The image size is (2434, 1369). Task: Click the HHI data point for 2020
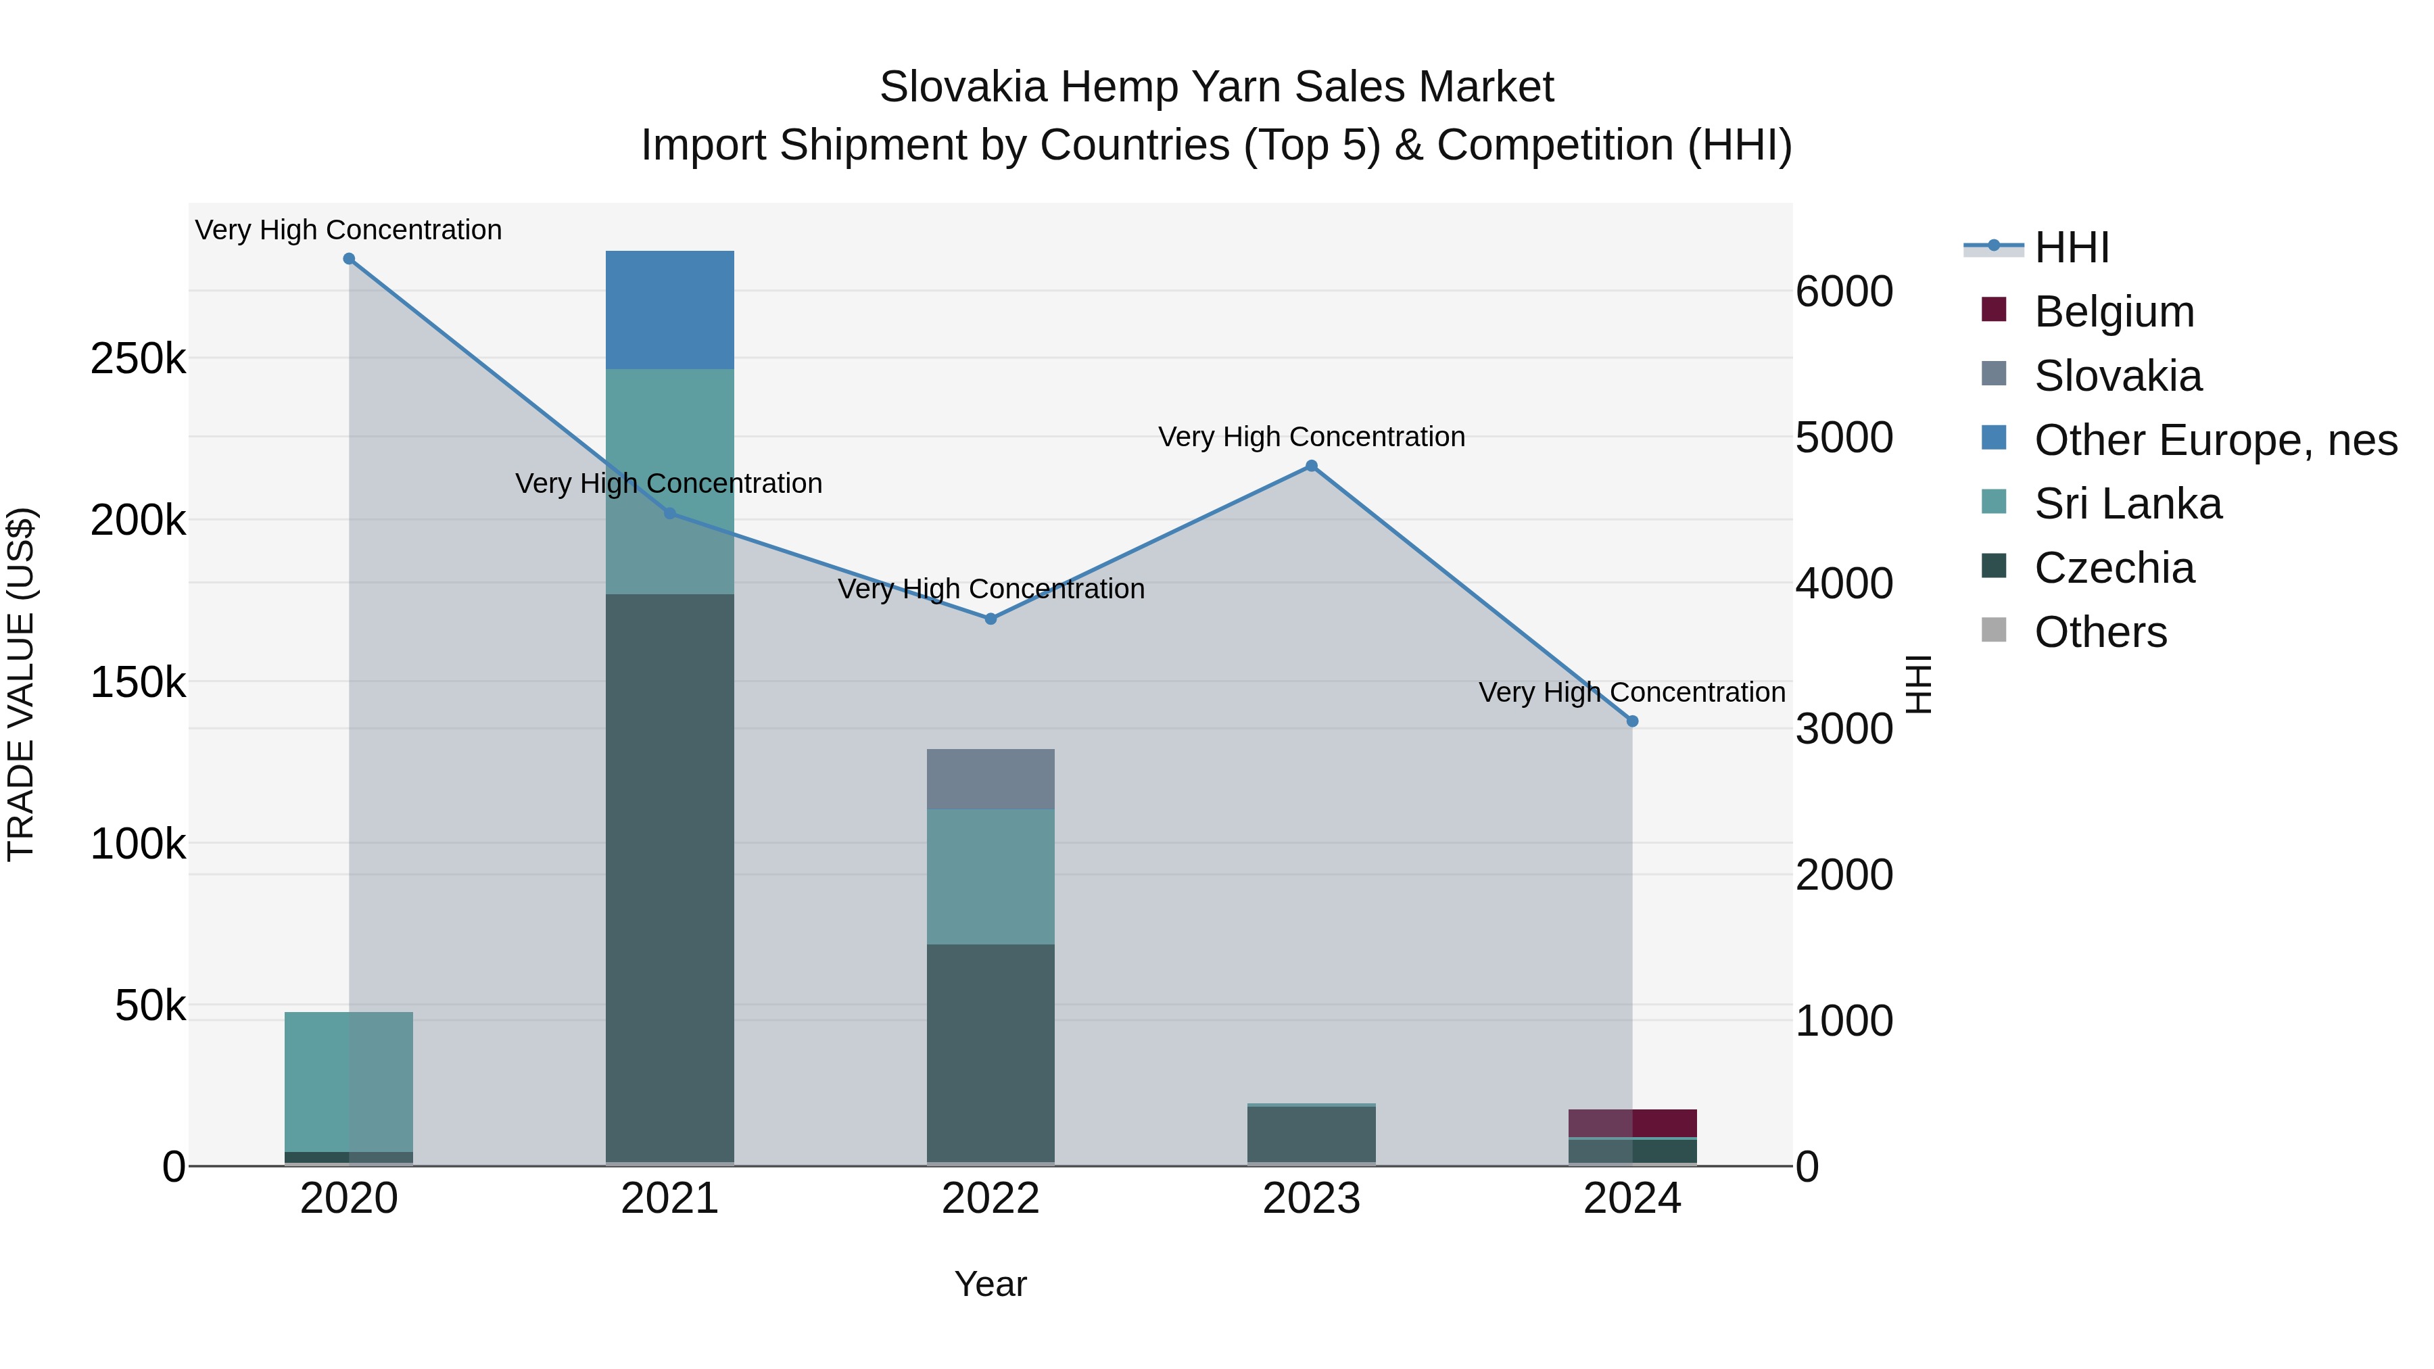349,259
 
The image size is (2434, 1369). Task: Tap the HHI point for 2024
1632,721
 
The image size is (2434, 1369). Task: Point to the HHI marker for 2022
991,619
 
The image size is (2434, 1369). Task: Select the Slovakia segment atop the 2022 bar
991,779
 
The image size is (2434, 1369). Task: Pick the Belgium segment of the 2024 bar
1632,1124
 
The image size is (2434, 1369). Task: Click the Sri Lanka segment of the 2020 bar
349,1082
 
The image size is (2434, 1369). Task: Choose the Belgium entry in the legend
2113,312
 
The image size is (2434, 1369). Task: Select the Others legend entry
2099,632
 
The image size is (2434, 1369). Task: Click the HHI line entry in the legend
2071,247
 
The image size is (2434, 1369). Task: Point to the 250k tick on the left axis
138,359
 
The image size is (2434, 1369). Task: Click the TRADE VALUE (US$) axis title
21,684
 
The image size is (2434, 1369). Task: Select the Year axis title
991,1284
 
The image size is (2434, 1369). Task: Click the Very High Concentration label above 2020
349,230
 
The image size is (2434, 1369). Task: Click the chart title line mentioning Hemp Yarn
1216,87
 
